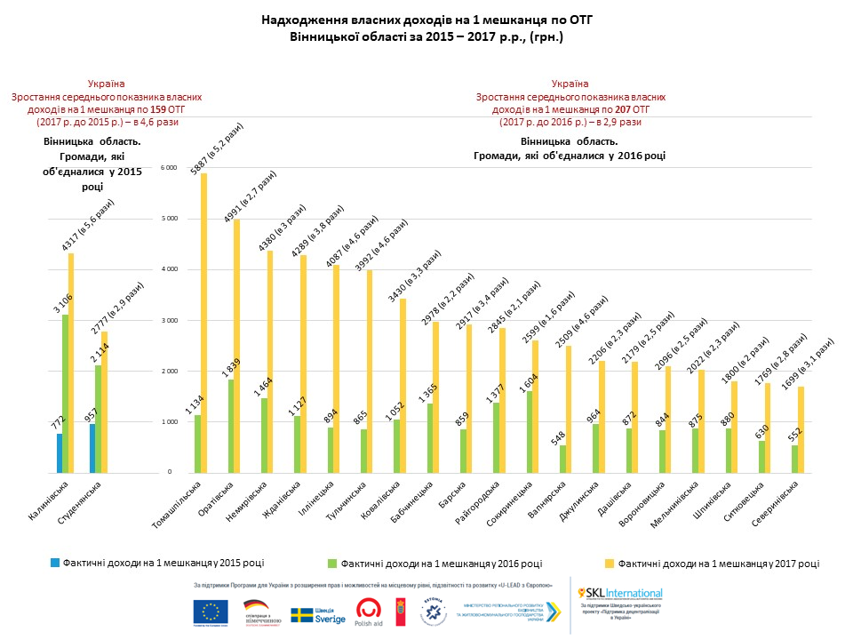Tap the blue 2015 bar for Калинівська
60,452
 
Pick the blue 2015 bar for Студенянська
92,448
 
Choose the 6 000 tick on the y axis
169,168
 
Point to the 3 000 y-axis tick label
169,320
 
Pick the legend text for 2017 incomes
718,563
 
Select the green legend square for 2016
332,563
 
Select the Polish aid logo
370,612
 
